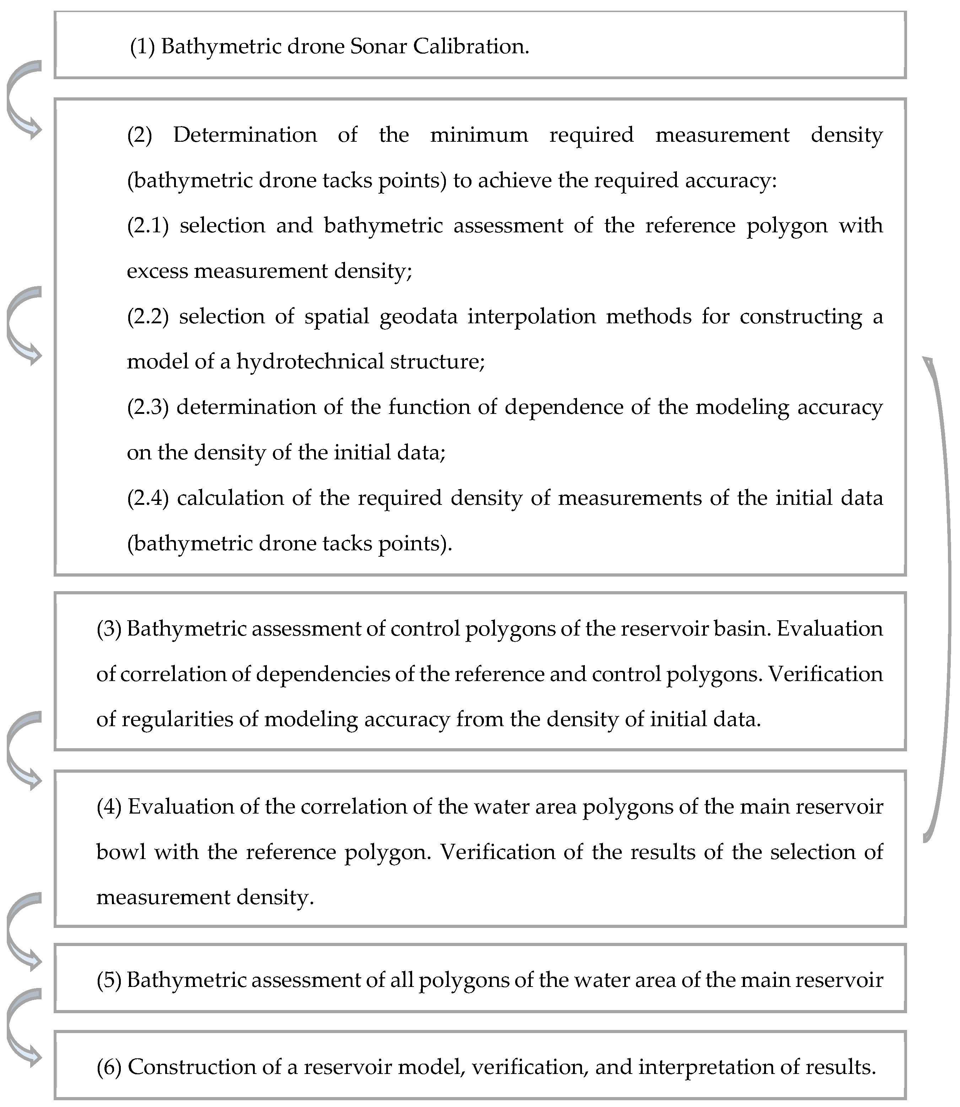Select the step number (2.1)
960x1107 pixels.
point(148,226)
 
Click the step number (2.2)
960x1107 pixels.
point(148,317)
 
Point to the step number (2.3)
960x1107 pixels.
point(148,407)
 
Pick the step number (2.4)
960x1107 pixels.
point(148,498)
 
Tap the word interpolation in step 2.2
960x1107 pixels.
point(532,317)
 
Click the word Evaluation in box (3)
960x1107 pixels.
point(829,628)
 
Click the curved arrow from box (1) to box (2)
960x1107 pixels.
point(21,99)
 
